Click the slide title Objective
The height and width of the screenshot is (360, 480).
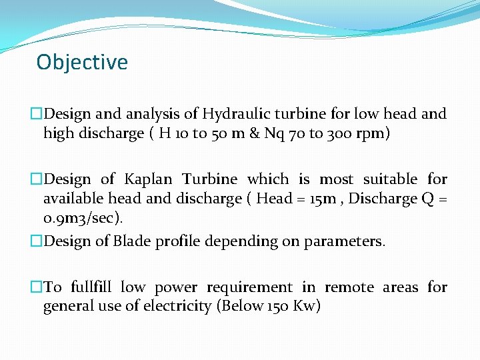click(x=82, y=62)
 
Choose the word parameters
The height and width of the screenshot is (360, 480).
click(x=345, y=241)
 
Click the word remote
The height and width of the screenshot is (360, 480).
click(x=349, y=287)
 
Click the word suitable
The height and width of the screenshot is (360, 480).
click(x=389, y=179)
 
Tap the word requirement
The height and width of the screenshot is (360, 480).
click(x=249, y=287)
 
